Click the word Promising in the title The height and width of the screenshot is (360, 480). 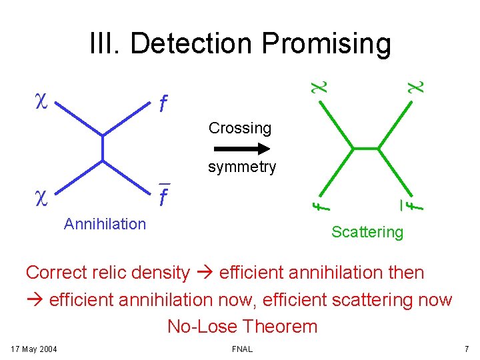[326, 44]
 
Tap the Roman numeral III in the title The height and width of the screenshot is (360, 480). [105, 44]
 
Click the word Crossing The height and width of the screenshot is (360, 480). [239, 128]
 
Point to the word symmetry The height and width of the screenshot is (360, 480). [241, 167]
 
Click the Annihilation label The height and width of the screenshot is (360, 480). [105, 224]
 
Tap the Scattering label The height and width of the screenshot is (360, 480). [367, 232]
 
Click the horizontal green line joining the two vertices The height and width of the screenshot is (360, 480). [367, 147]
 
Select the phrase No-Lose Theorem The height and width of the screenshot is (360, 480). [243, 327]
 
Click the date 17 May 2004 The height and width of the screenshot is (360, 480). [35, 349]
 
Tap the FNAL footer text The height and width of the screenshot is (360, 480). [242, 349]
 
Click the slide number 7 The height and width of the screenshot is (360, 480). [467, 349]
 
